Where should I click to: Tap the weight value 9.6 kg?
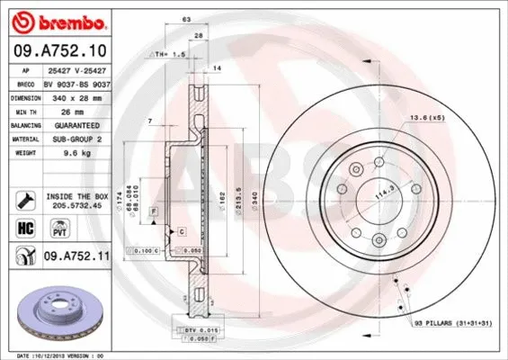pyautogui.click(x=58, y=154)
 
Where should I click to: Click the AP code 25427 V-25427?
pyautogui.click(x=76, y=69)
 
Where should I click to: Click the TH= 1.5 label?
pyautogui.click(x=165, y=54)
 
